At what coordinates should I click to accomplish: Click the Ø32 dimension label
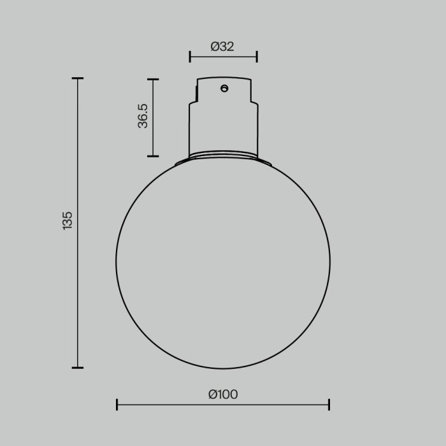click(x=222, y=47)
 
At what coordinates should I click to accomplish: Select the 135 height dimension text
click(x=68, y=220)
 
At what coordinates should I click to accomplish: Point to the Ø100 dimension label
click(x=223, y=394)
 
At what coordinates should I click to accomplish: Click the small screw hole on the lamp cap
click(x=224, y=89)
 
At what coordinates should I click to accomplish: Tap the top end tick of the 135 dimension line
click(x=78, y=78)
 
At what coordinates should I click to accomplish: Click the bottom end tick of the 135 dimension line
click(x=78, y=368)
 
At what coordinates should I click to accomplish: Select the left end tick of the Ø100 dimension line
click(x=117, y=405)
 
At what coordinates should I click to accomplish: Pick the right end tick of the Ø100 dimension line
click(x=329, y=405)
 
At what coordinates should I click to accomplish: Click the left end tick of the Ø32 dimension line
click(x=190, y=57)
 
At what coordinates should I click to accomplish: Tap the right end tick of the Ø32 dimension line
click(x=257, y=57)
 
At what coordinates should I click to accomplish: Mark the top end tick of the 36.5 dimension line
click(x=152, y=80)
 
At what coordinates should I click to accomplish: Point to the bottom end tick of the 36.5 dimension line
click(x=152, y=156)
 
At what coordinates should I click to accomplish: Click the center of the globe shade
click(x=223, y=261)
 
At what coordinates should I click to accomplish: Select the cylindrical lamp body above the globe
click(x=223, y=127)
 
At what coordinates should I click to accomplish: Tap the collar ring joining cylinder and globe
click(x=223, y=155)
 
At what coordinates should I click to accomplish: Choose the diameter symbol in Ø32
click(x=215, y=47)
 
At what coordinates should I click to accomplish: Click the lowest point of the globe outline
click(x=223, y=368)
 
